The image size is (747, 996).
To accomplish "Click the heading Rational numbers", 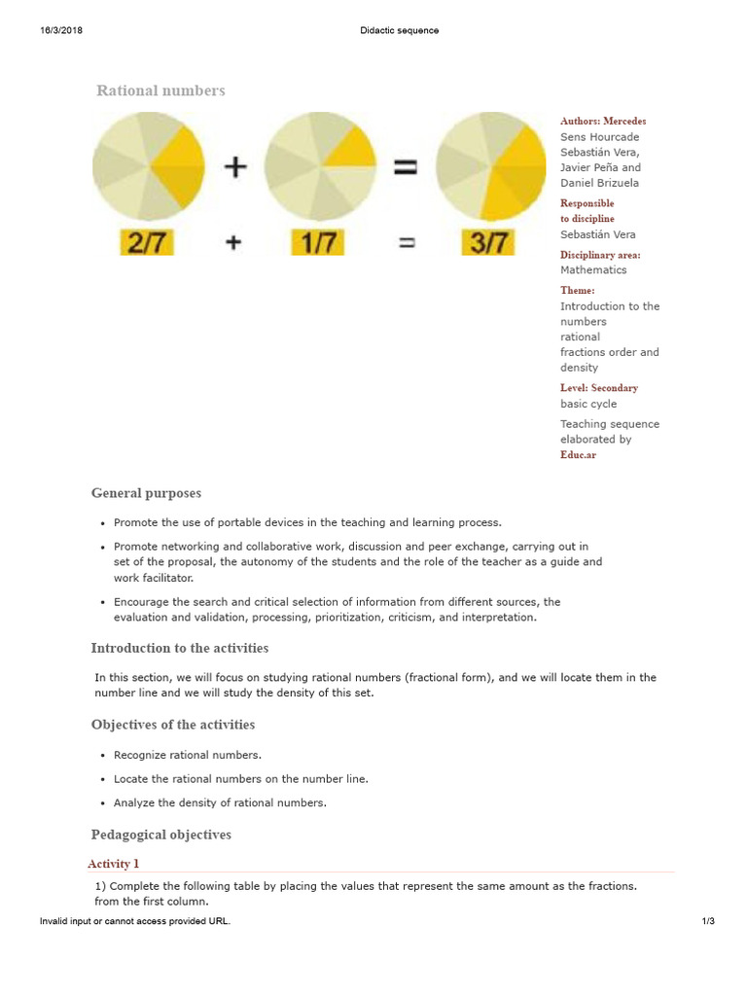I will pyautogui.click(x=160, y=90).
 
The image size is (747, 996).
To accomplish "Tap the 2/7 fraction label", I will pyautogui.click(x=147, y=243).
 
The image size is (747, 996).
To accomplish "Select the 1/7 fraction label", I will pyautogui.click(x=318, y=243).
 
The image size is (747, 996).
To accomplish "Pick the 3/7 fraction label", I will pyautogui.click(x=489, y=243).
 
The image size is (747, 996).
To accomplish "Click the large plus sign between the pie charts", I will pyautogui.click(x=234, y=167).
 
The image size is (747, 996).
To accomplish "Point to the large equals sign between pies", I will pyautogui.click(x=405, y=167).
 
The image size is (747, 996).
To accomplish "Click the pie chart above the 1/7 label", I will pyautogui.click(x=320, y=166).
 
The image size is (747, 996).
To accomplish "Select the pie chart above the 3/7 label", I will pyautogui.click(x=491, y=166).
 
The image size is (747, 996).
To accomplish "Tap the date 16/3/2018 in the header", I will pyautogui.click(x=61, y=30).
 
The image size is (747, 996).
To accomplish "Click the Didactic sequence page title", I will pyautogui.click(x=399, y=30).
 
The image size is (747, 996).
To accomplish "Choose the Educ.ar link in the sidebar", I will pyautogui.click(x=578, y=454).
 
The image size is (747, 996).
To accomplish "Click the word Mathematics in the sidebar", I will pyautogui.click(x=593, y=270).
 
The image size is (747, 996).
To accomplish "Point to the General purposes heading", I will pyautogui.click(x=146, y=493).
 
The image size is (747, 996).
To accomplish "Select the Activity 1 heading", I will pyautogui.click(x=114, y=864).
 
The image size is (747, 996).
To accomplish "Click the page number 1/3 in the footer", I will pyautogui.click(x=708, y=921).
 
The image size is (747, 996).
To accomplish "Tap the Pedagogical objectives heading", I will pyautogui.click(x=160, y=835).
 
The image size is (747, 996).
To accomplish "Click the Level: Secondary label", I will pyautogui.click(x=599, y=388).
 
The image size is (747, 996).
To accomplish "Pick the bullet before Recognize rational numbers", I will pyautogui.click(x=103, y=756).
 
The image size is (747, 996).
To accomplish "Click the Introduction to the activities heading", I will pyautogui.click(x=180, y=648).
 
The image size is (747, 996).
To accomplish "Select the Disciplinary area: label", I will pyautogui.click(x=600, y=255).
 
